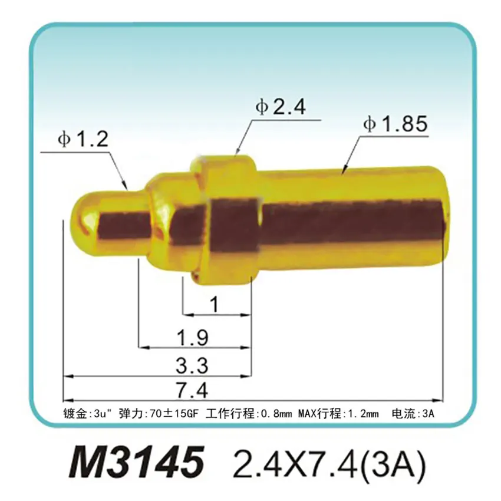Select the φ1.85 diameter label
[x=394, y=124]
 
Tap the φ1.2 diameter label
[x=83, y=139]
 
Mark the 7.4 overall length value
[x=193, y=390]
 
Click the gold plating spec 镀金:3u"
[x=86, y=413]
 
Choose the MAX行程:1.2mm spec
[x=338, y=413]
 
